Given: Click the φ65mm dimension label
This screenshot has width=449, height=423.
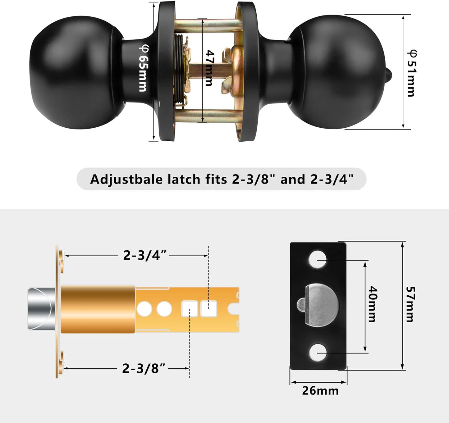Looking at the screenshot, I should pyautogui.click(x=143, y=69).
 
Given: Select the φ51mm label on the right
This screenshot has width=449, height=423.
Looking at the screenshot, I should pyautogui.click(x=411, y=73).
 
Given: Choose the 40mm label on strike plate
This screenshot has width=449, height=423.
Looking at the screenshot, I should pyautogui.click(x=372, y=304).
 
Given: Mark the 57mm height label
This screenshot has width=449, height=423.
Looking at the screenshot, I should pyautogui.click(x=410, y=304).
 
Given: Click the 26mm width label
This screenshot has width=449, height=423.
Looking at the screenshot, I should pyautogui.click(x=320, y=391).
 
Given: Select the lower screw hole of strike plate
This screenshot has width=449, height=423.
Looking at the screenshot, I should pyautogui.click(x=317, y=353).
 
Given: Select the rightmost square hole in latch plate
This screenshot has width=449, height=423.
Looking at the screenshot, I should pyautogui.click(x=208, y=309).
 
